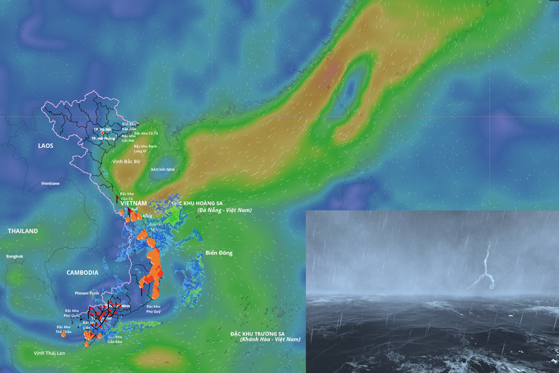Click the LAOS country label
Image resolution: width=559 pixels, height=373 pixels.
click(45, 146)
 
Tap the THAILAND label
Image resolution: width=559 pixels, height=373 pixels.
click(23, 231)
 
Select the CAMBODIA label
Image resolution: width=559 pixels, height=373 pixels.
click(82, 272)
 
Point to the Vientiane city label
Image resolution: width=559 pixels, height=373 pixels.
click(50, 184)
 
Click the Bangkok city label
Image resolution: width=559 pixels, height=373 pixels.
click(14, 256)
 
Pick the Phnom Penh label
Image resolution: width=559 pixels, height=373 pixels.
click(87, 293)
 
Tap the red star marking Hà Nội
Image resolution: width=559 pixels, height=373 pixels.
click(103, 133)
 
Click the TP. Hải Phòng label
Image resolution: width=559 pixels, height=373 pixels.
click(103, 139)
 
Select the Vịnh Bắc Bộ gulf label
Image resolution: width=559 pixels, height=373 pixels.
click(126, 161)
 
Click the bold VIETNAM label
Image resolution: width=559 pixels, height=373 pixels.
click(134, 203)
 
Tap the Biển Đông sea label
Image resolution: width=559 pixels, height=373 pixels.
click(219, 253)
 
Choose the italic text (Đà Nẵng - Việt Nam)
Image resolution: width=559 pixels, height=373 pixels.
click(224, 210)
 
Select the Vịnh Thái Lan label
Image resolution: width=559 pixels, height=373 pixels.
click(49, 353)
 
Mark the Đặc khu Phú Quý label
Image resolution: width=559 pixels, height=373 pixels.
click(153, 309)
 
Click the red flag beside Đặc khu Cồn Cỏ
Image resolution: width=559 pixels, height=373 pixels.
click(118, 198)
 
